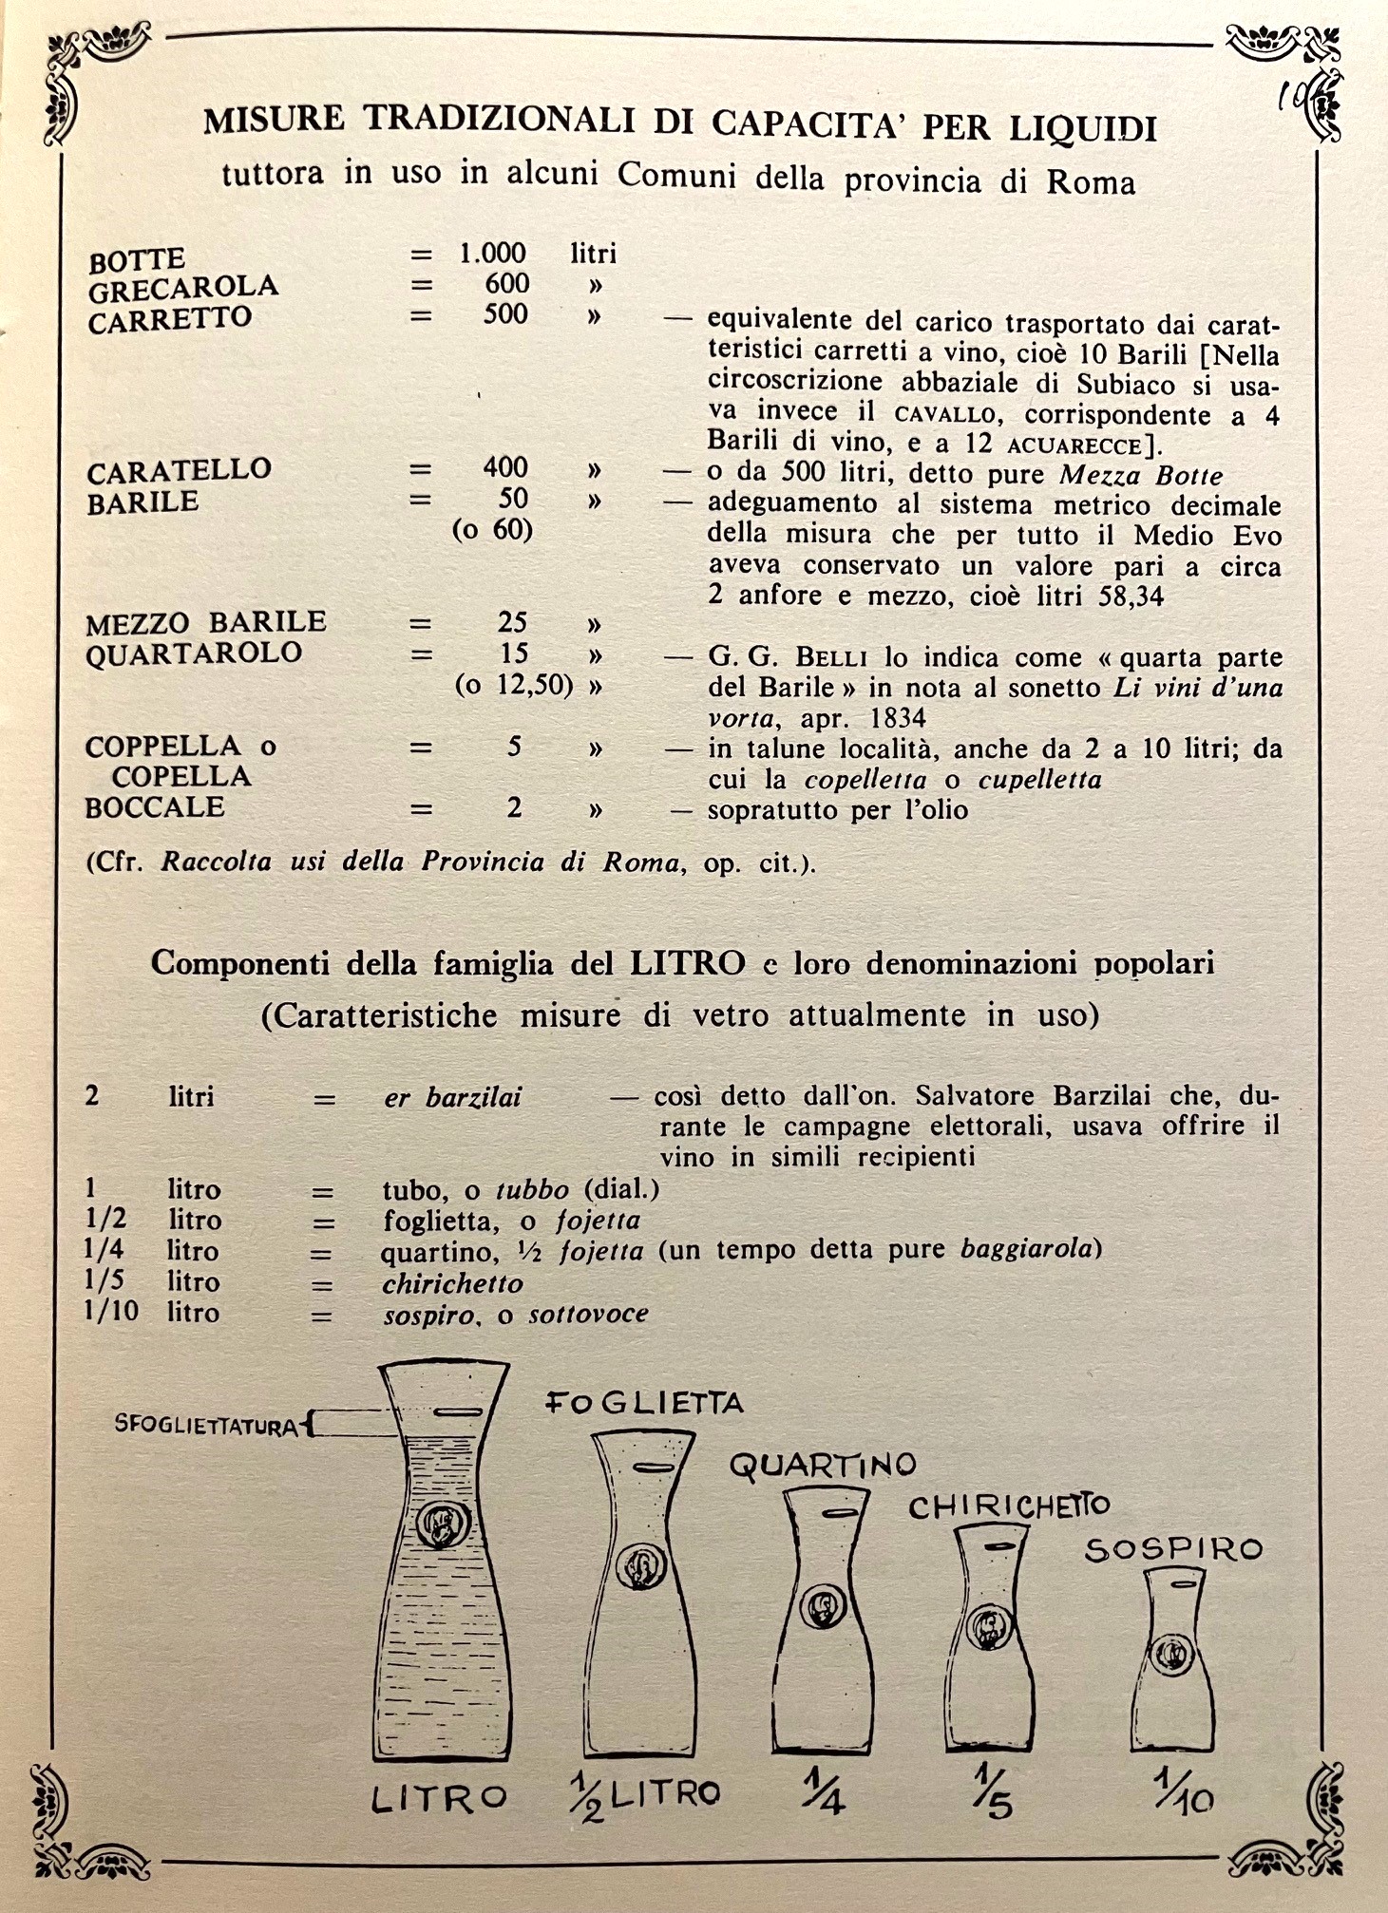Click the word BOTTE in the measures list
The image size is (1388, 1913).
click(x=137, y=259)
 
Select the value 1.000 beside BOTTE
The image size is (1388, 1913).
click(x=492, y=253)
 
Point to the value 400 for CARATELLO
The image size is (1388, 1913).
click(x=504, y=467)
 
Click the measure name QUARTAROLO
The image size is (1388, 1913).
click(x=194, y=653)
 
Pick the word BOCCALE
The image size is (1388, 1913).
click(x=155, y=807)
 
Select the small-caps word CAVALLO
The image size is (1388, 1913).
click(x=945, y=415)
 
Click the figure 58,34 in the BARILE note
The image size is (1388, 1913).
click(x=1131, y=597)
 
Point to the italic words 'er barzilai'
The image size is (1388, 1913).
click(x=452, y=1098)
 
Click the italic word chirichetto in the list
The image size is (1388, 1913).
click(x=452, y=1284)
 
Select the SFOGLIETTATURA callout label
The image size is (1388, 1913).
click(x=206, y=1426)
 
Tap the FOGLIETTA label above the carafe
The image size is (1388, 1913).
click(x=644, y=1403)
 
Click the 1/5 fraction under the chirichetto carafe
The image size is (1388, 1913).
click(x=994, y=1791)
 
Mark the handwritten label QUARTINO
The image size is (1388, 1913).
click(x=823, y=1465)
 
